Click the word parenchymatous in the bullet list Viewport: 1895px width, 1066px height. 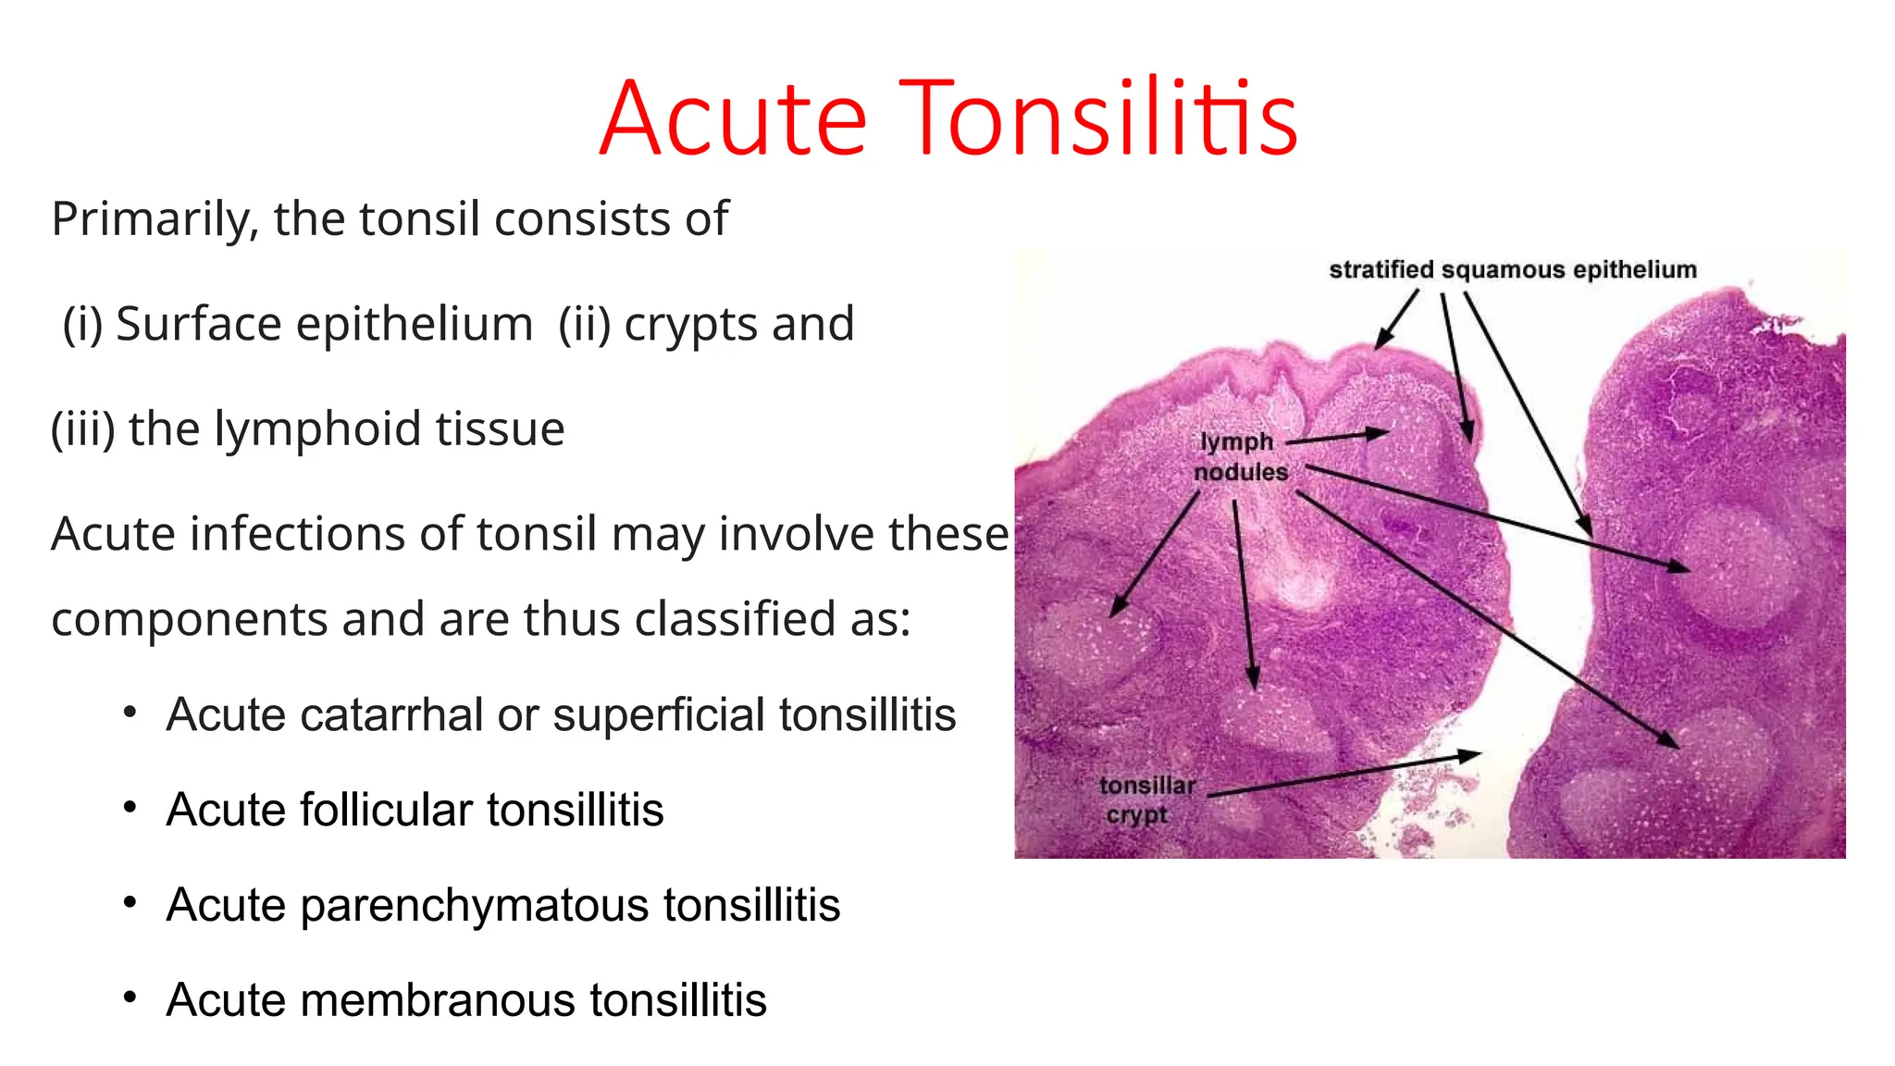click(x=475, y=905)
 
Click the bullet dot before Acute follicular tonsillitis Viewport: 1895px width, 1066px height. click(x=130, y=808)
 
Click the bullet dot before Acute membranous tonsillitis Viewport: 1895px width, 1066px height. click(x=130, y=998)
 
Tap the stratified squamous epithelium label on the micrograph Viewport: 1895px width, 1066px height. click(x=1512, y=269)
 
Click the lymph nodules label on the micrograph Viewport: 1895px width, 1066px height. click(x=1239, y=457)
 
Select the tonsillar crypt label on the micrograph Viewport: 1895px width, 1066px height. click(x=1146, y=799)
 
